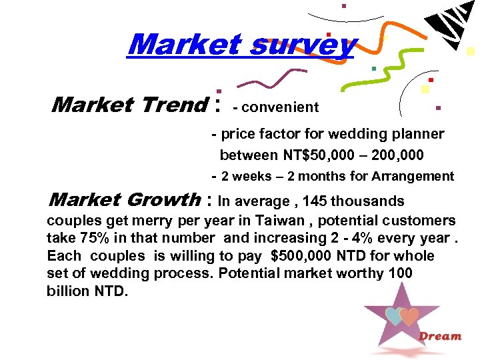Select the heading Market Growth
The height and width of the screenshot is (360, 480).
click(x=125, y=199)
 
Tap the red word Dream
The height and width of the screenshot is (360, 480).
click(x=439, y=336)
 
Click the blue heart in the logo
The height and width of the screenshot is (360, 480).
click(x=394, y=316)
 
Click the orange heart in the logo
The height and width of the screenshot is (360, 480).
click(x=409, y=315)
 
